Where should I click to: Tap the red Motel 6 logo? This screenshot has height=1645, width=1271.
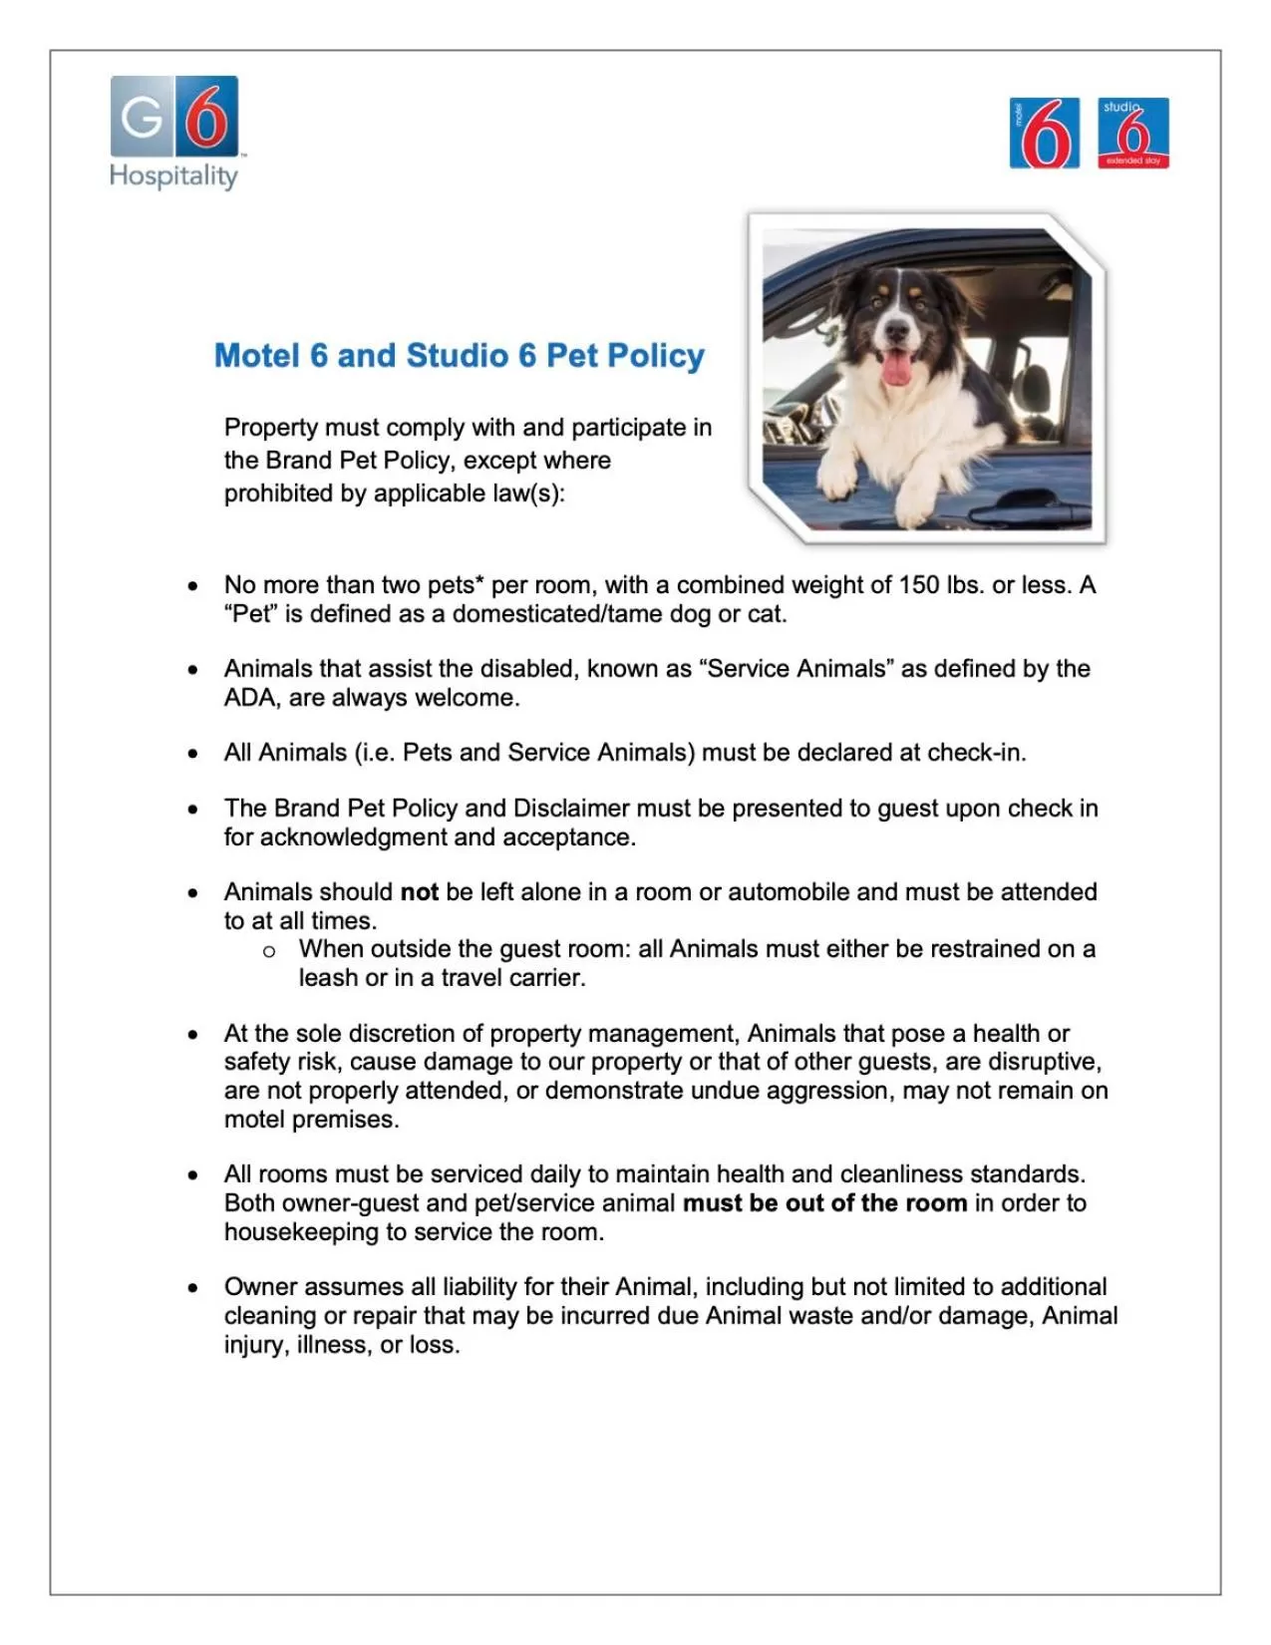click(1044, 134)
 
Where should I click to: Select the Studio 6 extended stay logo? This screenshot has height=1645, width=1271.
click(1133, 134)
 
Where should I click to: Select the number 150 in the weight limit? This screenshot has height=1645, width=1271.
click(919, 585)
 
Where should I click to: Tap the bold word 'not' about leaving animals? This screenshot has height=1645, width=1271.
click(419, 892)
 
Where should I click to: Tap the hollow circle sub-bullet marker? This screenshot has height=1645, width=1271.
click(269, 952)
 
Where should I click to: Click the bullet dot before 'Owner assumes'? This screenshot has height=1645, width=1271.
click(192, 1288)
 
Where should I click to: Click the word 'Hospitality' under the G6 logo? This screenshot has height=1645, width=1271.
click(173, 176)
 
